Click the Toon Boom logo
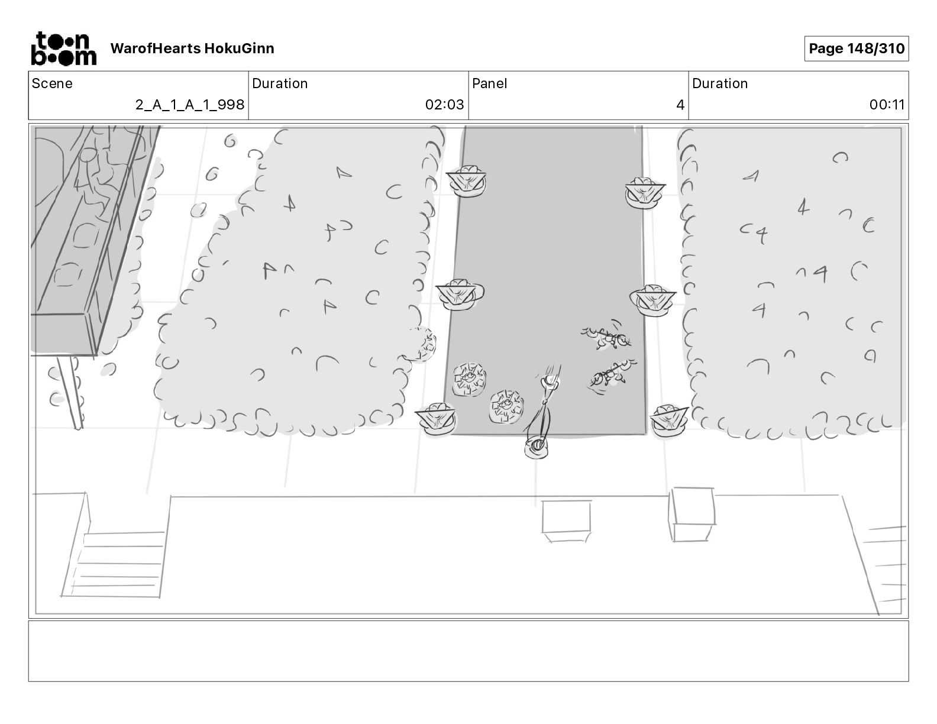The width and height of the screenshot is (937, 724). pyautogui.click(x=63, y=49)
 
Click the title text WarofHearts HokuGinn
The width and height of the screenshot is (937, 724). pyautogui.click(x=192, y=49)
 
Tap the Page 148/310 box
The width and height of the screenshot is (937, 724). pyautogui.click(x=856, y=49)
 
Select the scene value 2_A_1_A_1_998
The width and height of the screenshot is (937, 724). pyautogui.click(x=189, y=105)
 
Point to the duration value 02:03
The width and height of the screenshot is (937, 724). pyautogui.click(x=444, y=105)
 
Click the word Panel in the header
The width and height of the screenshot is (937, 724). pyautogui.click(x=489, y=83)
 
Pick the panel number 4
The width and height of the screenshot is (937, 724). pyautogui.click(x=680, y=105)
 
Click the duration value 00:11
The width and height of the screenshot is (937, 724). pyautogui.click(x=886, y=105)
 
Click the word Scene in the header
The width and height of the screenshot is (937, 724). pyautogui.click(x=52, y=83)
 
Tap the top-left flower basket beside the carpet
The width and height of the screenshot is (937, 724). pyautogui.click(x=467, y=180)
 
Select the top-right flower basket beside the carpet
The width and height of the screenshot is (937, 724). pyautogui.click(x=644, y=192)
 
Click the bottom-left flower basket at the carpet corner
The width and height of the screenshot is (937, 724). pyautogui.click(x=437, y=419)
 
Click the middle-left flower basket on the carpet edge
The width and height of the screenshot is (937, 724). pyautogui.click(x=458, y=294)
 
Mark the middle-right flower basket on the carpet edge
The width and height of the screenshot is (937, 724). pyautogui.click(x=652, y=300)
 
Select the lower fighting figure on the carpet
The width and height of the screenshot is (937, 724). pyautogui.click(x=612, y=374)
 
